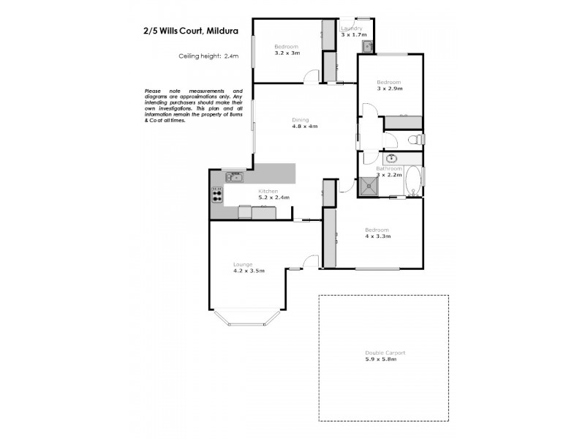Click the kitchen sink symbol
tap(235, 176)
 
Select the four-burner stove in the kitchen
tap(217, 195)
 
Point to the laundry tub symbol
tap(366, 47)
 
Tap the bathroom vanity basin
tap(391, 158)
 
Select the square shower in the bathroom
tap(369, 187)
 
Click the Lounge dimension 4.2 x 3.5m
tap(249, 271)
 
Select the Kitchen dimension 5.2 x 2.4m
tap(274, 198)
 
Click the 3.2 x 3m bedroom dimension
tap(287, 52)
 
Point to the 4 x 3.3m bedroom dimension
tap(378, 236)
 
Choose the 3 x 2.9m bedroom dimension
tap(390, 89)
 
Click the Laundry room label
tap(352, 29)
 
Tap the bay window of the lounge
tap(249, 318)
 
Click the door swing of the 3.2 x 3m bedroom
tap(313, 75)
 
